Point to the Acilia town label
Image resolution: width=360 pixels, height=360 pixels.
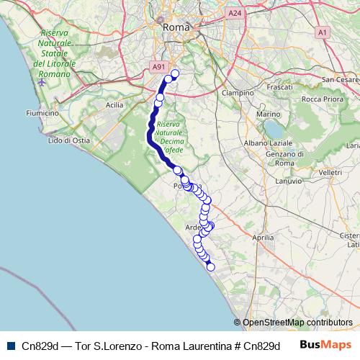tap(114, 104)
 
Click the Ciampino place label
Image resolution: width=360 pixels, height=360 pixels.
tap(238, 93)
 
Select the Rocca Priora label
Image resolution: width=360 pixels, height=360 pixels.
tap(322, 99)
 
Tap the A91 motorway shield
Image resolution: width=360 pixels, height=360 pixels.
tap(158, 67)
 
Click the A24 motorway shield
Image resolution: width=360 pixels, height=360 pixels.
tap(235, 13)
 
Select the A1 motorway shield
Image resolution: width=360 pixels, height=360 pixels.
tap(322, 32)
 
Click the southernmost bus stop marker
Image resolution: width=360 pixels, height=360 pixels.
tap(211, 267)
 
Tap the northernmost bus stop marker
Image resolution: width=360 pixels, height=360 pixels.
tap(174, 73)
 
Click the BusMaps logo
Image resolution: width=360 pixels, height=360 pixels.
tap(324, 345)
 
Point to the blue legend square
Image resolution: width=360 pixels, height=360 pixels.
tap(10, 346)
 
